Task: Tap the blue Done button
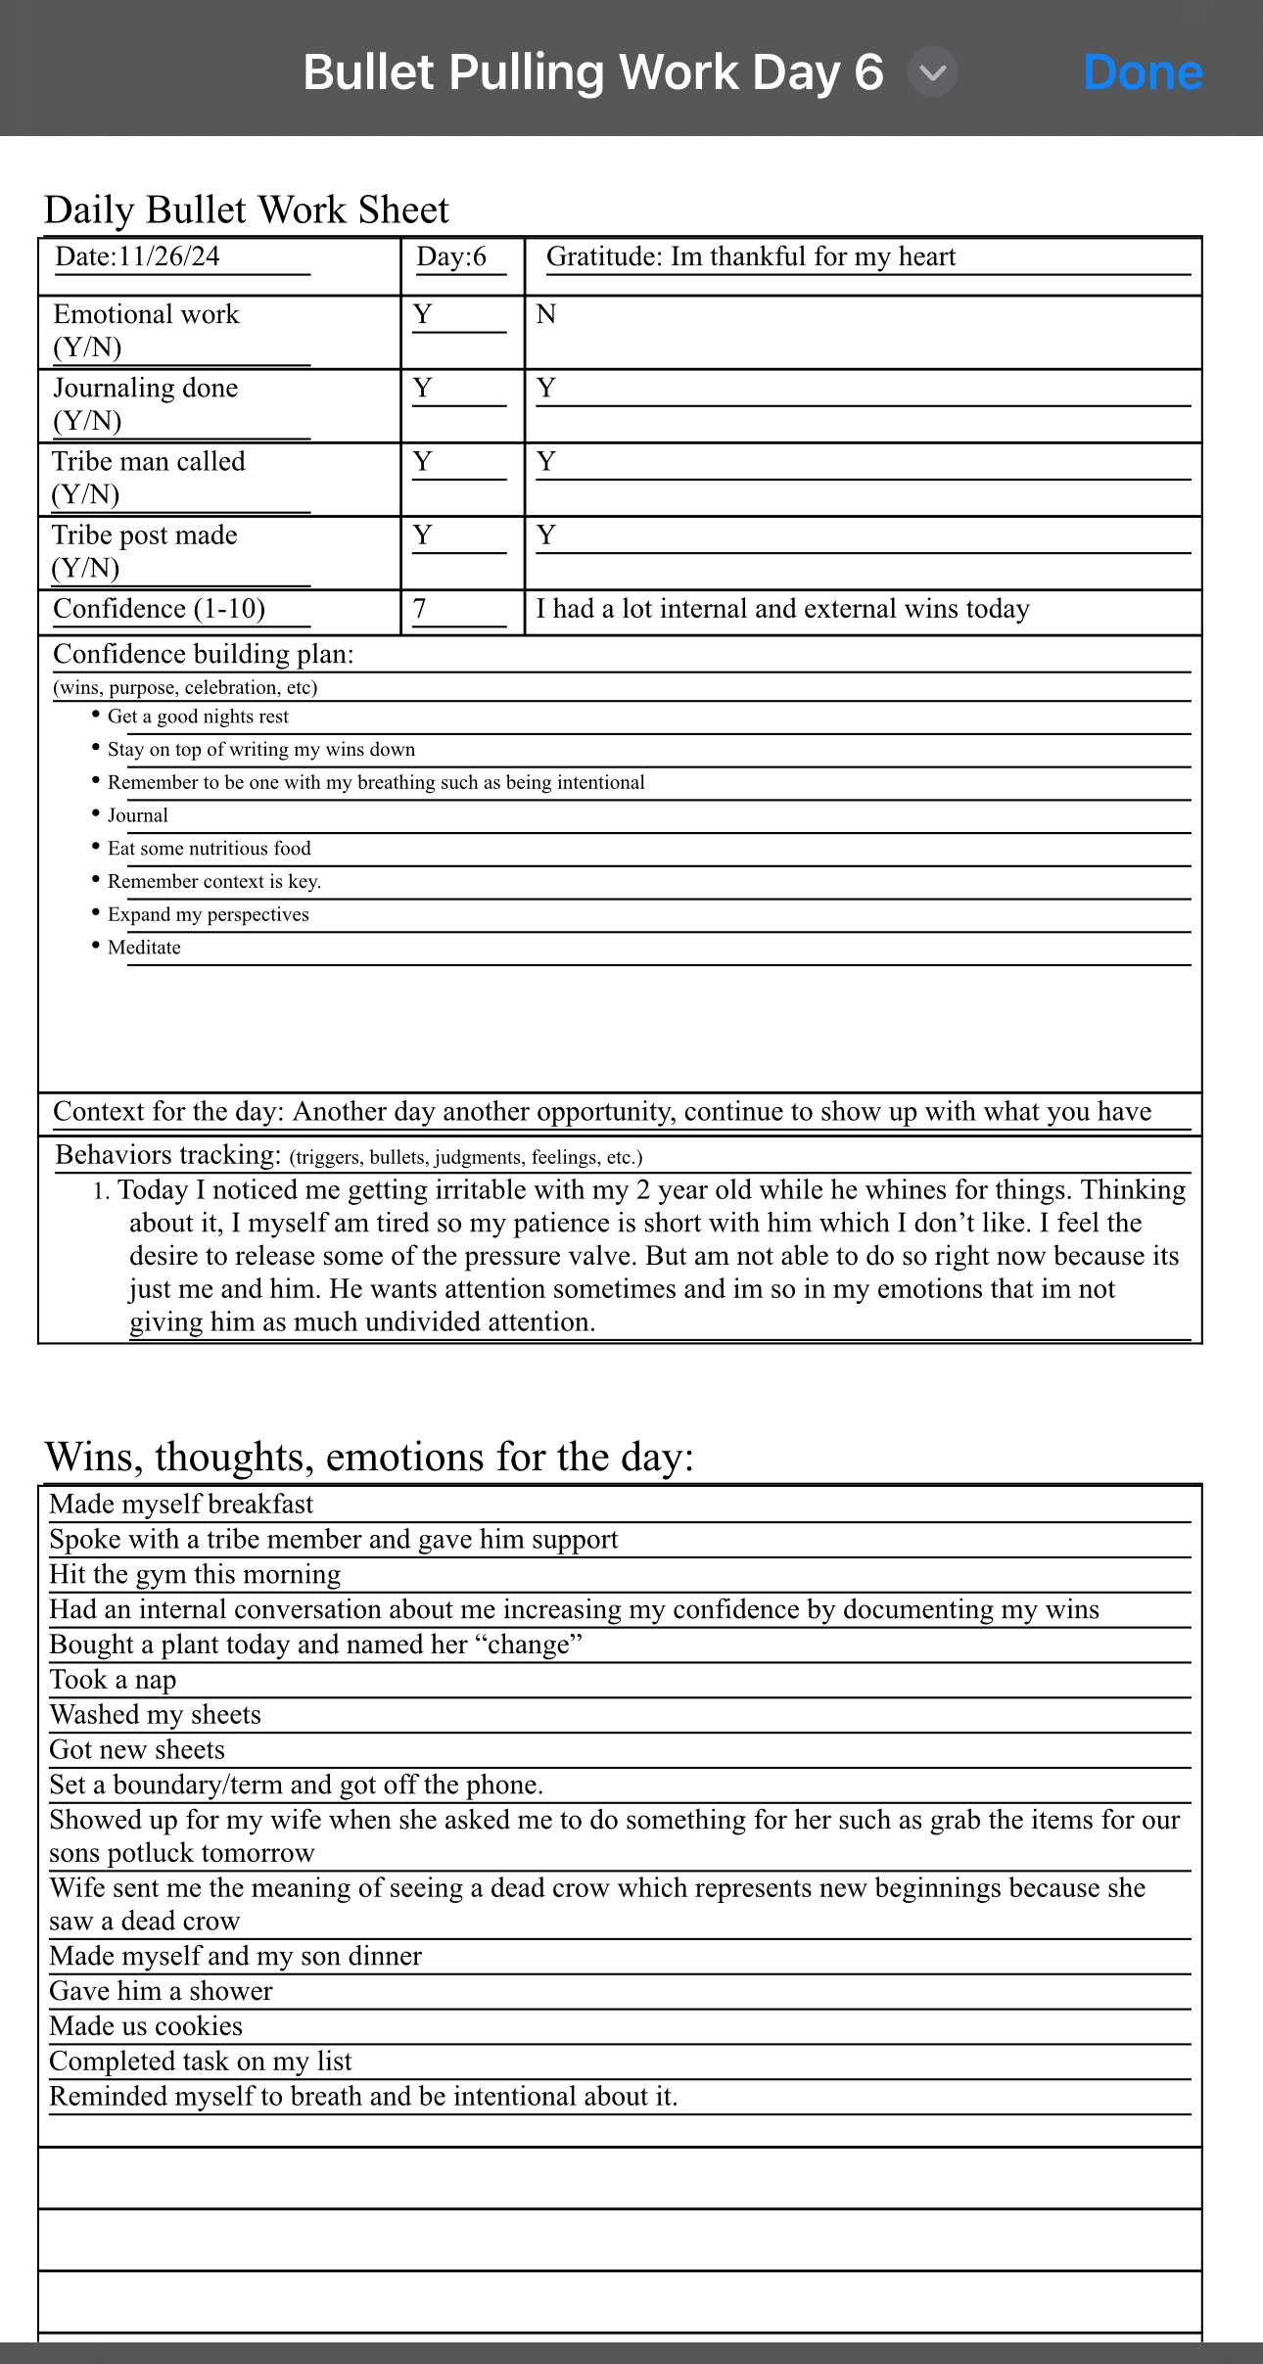tap(1143, 73)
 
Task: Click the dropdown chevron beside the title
tap(933, 73)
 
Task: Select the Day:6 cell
tap(451, 256)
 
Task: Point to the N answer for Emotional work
tap(546, 314)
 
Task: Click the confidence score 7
tap(420, 609)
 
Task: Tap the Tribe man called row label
tap(148, 462)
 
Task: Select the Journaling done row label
tap(145, 389)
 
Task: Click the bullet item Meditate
tap(144, 948)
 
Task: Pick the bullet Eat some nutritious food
tap(209, 849)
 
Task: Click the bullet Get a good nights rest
tap(198, 717)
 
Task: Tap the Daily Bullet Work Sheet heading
tap(246, 209)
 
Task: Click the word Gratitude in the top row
tap(603, 256)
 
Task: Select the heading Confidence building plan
tap(203, 654)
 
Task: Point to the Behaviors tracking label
tap(167, 1155)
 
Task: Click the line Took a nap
tap(113, 1680)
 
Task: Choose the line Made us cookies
tap(146, 2026)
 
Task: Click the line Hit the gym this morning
tap(195, 1574)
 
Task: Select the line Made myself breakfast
tap(181, 1504)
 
